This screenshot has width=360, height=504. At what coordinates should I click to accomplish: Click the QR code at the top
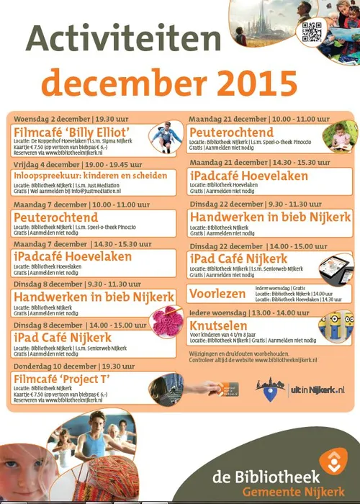310,32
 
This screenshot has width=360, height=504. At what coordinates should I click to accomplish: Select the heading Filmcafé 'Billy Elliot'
71,132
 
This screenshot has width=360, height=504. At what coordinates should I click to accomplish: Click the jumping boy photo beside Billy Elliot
163,135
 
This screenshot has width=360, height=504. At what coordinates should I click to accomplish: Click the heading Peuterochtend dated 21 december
231,132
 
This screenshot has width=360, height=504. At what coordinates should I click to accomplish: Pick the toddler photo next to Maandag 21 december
336,136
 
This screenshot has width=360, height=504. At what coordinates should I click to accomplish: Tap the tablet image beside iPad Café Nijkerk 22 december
334,271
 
